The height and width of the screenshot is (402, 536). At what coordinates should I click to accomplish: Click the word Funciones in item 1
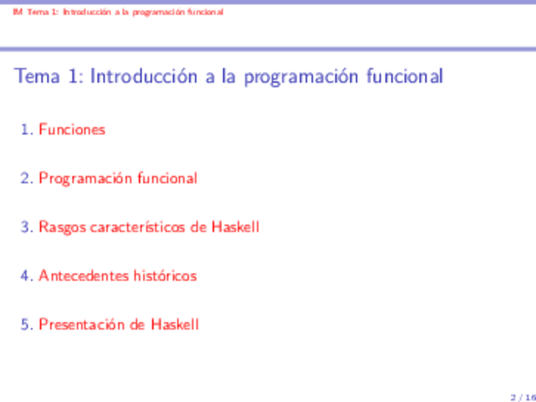(72, 129)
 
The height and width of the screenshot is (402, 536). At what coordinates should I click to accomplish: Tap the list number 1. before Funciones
(27, 129)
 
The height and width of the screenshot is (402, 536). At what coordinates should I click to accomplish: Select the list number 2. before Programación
(27, 179)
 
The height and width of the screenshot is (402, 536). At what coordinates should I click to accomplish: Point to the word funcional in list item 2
(167, 178)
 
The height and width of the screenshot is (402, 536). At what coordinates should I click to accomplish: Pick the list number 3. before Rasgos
(27, 227)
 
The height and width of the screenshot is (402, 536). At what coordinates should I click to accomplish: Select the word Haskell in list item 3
(236, 227)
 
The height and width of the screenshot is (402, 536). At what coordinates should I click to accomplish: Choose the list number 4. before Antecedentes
(27, 276)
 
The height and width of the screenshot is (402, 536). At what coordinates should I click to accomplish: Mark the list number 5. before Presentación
(27, 325)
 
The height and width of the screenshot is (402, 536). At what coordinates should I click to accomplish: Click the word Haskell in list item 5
(175, 324)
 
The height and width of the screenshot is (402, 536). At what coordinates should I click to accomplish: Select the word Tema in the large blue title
(37, 76)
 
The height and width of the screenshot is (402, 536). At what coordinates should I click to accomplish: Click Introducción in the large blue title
(144, 76)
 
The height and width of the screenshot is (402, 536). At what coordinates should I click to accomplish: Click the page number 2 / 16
(523, 398)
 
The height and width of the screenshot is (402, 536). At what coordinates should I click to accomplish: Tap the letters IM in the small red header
(18, 12)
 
